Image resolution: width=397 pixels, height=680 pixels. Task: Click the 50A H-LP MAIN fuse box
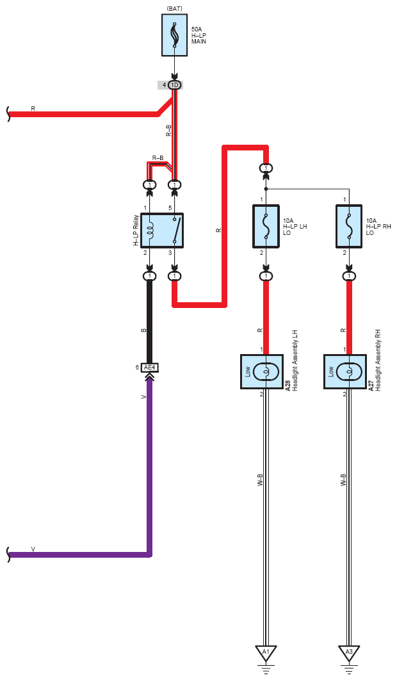coord(174,35)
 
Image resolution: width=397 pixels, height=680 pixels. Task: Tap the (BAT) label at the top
coord(174,8)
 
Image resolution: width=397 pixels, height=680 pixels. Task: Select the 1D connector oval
coord(174,85)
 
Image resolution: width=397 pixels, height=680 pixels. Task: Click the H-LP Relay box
coord(162,231)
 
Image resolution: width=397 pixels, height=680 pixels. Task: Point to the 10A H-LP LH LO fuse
coord(266,227)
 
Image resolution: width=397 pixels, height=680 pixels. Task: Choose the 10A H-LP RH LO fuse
coord(349,227)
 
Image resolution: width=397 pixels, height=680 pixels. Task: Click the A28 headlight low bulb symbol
coord(266,371)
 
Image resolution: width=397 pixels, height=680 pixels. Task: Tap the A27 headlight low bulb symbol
coord(349,371)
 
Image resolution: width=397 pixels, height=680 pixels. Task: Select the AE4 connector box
coord(150,368)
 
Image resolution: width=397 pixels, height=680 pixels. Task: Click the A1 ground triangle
coord(266,652)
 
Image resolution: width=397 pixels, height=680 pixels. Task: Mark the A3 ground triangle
coord(349,652)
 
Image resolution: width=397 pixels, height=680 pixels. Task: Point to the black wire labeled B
coord(150,322)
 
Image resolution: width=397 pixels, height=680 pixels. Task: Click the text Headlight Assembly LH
coord(295,361)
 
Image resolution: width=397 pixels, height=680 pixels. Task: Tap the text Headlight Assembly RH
coord(378,361)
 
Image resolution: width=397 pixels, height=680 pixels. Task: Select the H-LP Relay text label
coord(136,231)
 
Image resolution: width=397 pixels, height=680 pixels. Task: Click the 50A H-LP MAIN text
coord(199,36)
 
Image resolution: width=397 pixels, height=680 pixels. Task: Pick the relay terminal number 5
coord(170,208)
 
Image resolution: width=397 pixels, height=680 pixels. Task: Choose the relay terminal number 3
coord(170,252)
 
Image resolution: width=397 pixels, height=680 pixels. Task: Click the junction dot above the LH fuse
coord(266,189)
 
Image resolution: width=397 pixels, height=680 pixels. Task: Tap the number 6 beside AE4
coord(137,368)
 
